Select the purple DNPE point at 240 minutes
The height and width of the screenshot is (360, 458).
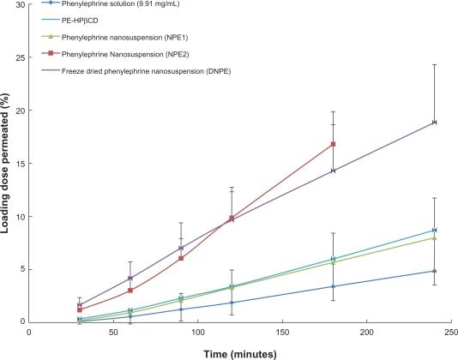coord(435,123)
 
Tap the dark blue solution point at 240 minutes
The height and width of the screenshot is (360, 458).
coord(435,271)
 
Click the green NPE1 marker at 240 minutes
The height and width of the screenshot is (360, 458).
coord(435,237)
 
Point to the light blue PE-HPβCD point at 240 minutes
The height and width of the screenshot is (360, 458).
coord(435,230)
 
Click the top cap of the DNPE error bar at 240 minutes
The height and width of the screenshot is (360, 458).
coord(435,65)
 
